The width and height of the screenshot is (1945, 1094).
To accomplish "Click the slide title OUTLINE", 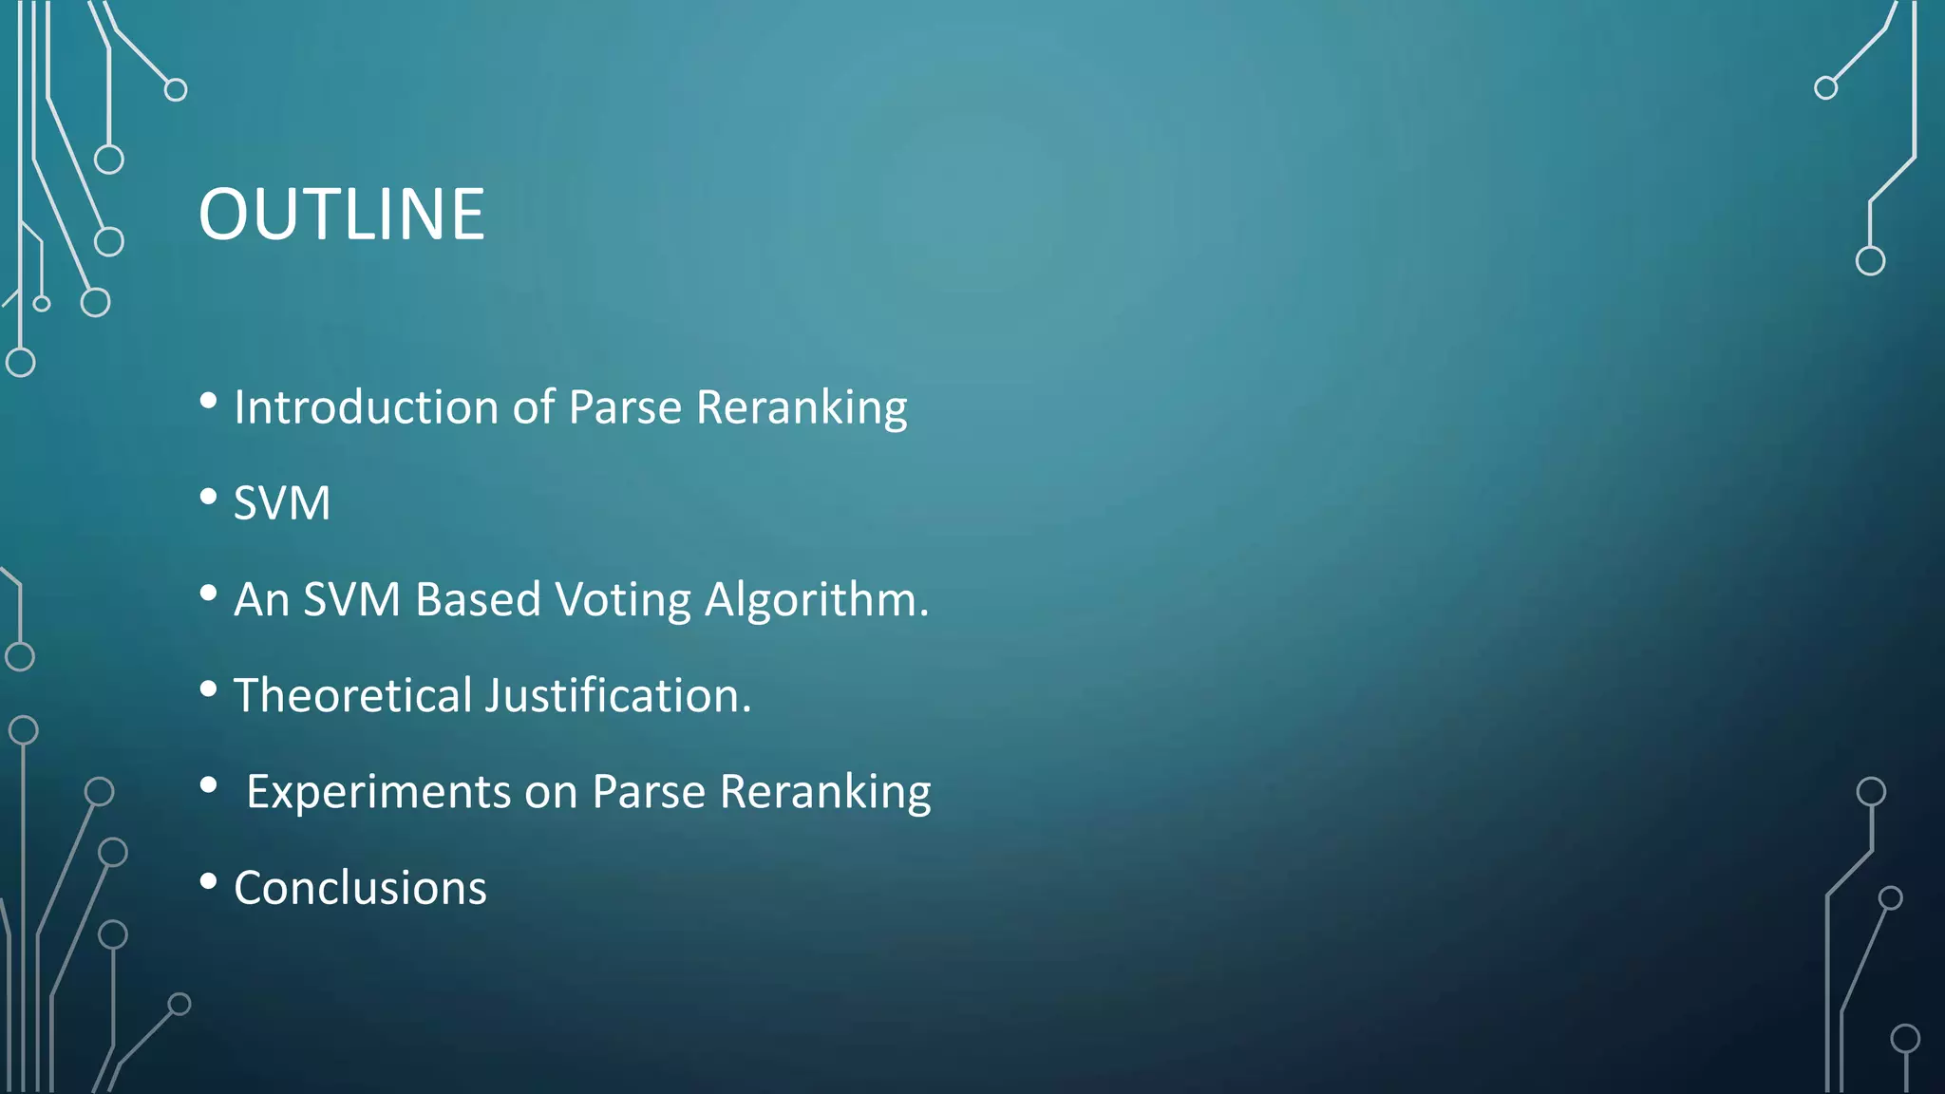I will click(x=341, y=215).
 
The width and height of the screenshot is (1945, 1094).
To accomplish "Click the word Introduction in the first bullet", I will click(x=366, y=407).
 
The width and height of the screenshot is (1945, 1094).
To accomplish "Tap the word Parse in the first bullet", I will click(x=625, y=407).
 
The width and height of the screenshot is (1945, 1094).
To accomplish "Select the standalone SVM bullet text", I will click(x=282, y=503).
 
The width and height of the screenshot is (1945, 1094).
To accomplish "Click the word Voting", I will click(x=623, y=600).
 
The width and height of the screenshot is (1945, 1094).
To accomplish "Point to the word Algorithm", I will click(x=816, y=600).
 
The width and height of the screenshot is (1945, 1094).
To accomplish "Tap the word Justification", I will click(x=618, y=696).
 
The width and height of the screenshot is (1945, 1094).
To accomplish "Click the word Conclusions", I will click(x=360, y=889).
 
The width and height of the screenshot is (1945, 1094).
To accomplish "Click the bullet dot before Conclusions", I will click(x=209, y=881).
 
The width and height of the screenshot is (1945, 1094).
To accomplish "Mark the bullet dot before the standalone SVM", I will click(x=209, y=497).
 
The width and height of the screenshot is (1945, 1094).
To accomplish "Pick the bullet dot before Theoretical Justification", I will click(x=209, y=689).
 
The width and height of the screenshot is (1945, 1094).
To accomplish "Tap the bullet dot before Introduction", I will click(x=209, y=401).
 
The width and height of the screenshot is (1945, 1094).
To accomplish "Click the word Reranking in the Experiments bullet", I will click(x=825, y=792).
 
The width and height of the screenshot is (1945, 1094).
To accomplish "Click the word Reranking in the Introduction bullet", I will click(x=802, y=407).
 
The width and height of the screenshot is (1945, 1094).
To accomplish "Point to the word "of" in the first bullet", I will click(x=534, y=407).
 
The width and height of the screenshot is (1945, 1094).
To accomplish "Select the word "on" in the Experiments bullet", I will click(x=551, y=792).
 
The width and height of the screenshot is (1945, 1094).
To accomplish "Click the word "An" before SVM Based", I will click(x=261, y=600).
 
